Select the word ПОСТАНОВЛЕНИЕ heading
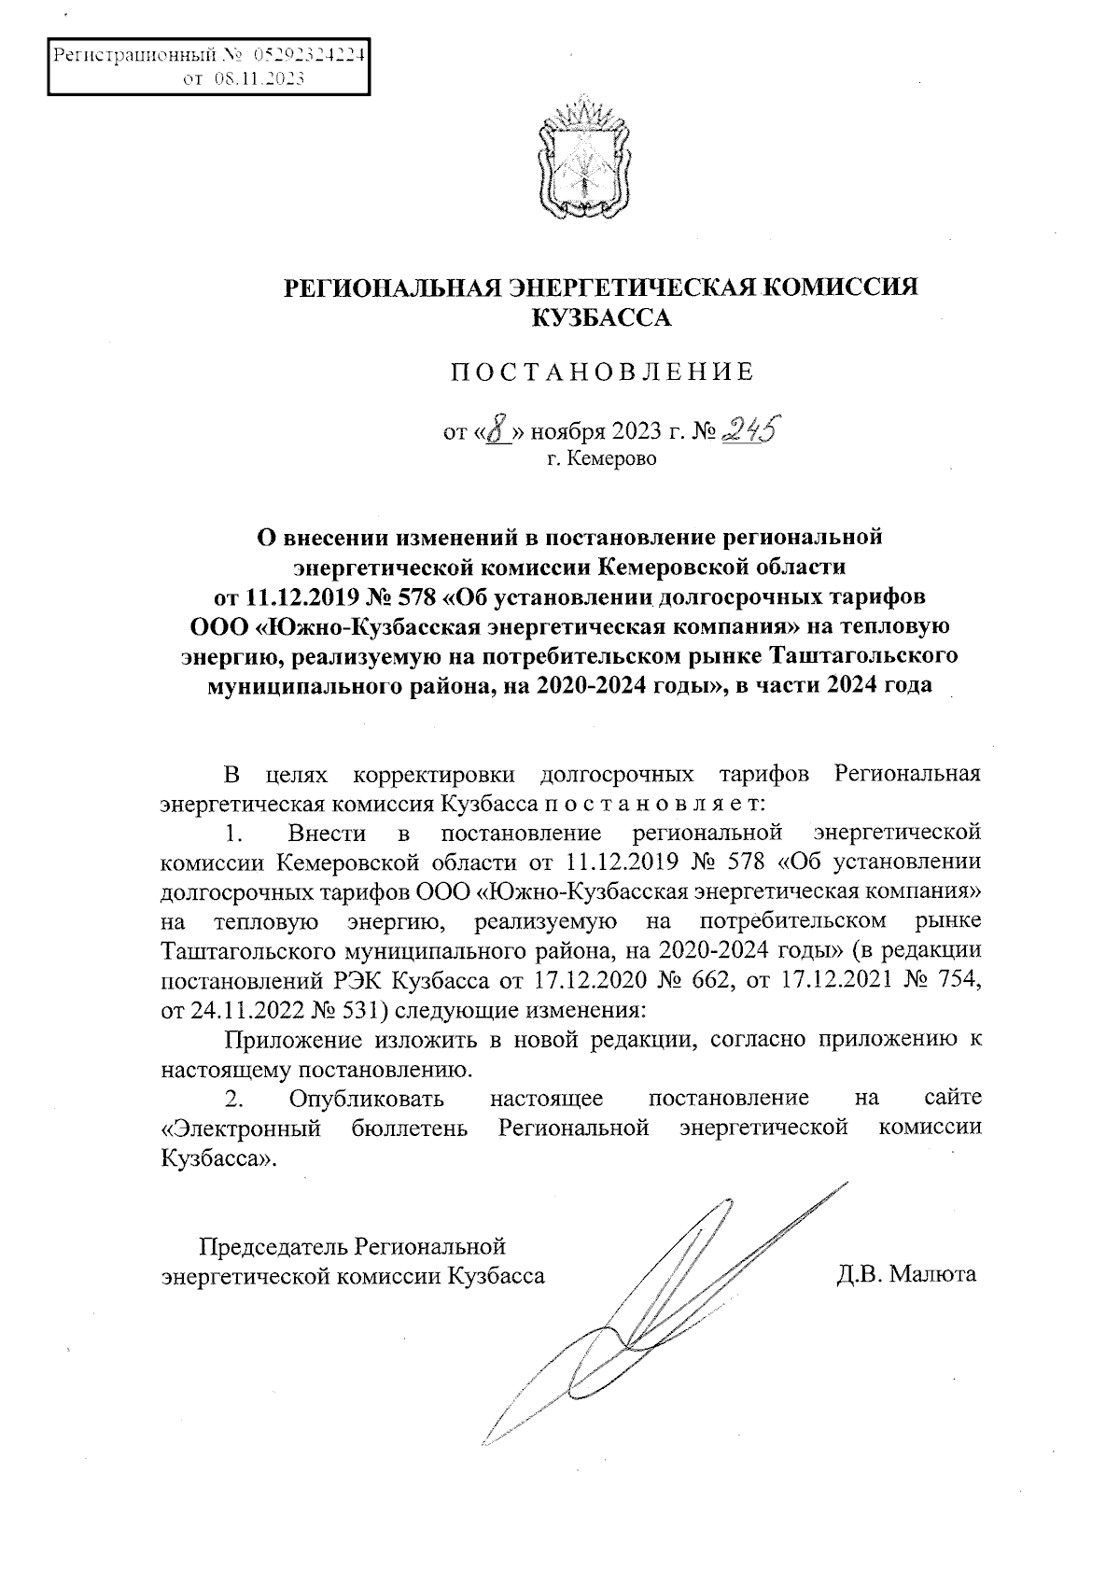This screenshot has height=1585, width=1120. point(601,374)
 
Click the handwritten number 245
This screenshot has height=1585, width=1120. point(753,428)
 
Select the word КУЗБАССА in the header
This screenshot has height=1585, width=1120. point(601,319)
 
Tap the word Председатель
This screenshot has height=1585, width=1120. point(274,1246)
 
